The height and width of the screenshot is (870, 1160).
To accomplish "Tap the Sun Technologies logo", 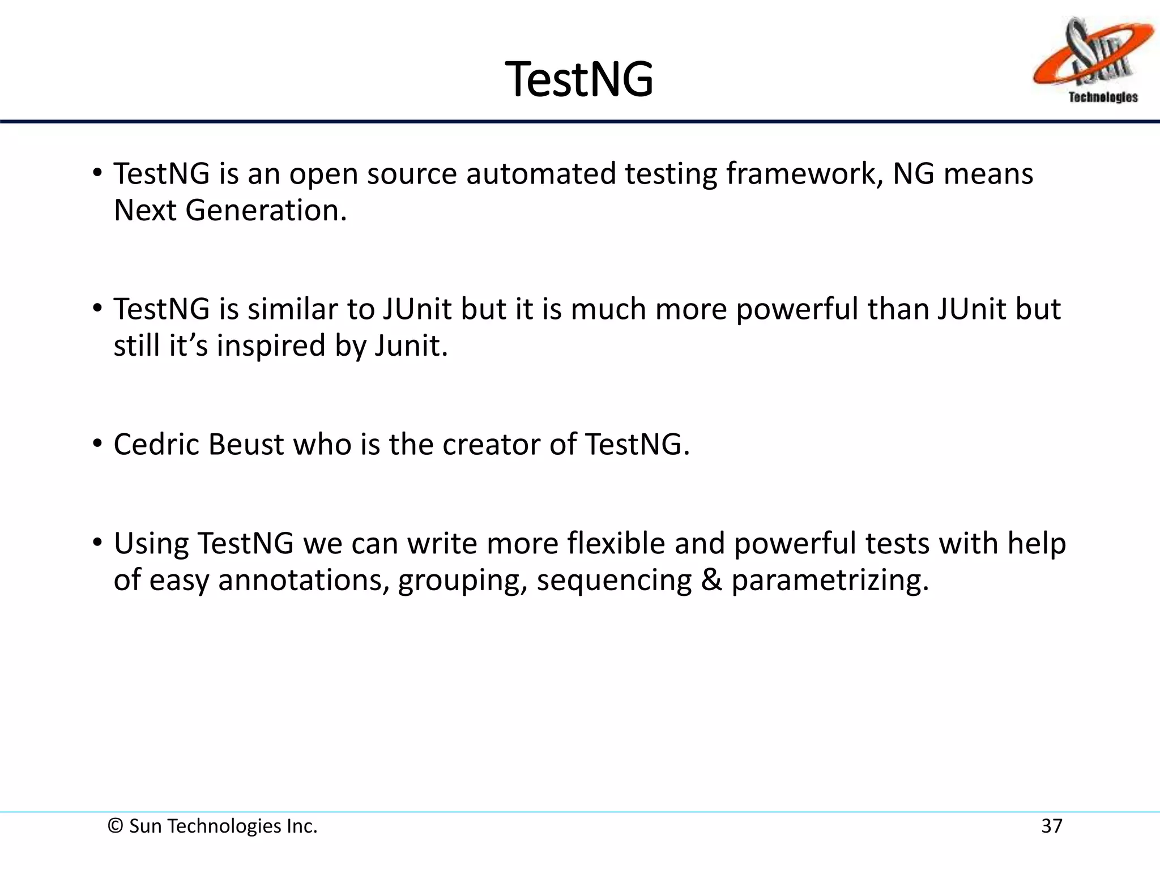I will click(1093, 60).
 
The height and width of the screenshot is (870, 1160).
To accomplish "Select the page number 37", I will click(1051, 826).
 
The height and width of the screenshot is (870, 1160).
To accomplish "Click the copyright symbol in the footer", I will click(115, 826).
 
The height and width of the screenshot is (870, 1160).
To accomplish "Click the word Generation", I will click(266, 210).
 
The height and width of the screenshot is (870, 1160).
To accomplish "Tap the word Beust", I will click(246, 444).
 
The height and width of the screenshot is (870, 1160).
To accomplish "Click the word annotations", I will click(303, 580).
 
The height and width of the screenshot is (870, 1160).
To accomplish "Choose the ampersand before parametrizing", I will click(711, 580).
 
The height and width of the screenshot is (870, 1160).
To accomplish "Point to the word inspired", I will click(271, 346).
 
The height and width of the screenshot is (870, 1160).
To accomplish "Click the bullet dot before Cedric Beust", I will click(97, 443).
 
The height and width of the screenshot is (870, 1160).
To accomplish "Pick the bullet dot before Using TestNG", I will click(97, 542).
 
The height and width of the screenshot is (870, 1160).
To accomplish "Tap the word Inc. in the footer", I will click(302, 826).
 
